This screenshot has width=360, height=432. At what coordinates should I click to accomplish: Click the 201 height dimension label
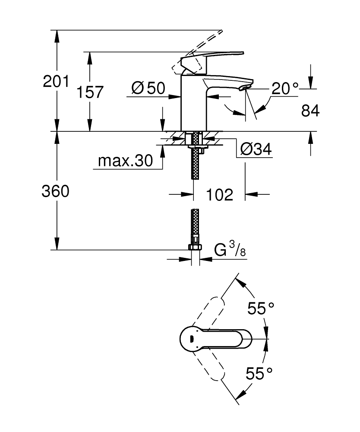point(56,81)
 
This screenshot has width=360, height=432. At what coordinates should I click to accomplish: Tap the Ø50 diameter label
point(148,89)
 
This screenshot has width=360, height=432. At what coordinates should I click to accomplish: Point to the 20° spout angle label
point(285,89)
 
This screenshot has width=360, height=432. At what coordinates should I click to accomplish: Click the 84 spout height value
point(310,111)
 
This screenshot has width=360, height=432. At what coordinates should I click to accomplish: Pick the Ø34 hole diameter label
point(256,149)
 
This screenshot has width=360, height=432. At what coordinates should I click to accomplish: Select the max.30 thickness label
point(126,161)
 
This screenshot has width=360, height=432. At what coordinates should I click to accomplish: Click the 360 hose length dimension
point(55,191)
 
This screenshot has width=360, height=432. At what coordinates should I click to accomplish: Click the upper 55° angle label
point(261,308)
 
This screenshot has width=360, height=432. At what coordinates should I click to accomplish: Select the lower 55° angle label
point(260,373)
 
